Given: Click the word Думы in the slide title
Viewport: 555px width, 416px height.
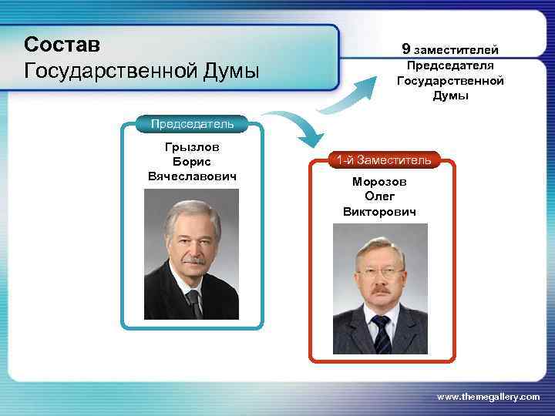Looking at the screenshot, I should pos(229,72).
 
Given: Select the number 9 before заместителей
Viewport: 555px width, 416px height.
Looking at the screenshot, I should pos(405,49).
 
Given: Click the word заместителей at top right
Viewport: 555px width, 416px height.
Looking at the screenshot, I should pos(460,50).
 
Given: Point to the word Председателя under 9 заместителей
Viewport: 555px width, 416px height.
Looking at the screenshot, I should pos(450,65).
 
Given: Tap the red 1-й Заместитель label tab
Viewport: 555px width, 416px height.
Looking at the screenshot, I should pos(383,160).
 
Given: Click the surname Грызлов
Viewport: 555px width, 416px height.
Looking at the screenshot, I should pos(191,146).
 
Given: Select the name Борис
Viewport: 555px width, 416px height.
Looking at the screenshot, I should pos(191,162).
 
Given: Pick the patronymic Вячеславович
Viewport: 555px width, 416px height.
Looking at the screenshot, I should pos(191,176).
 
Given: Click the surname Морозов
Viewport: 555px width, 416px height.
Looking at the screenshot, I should pos(379,182).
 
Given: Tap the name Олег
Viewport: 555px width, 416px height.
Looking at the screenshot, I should pos(379,196).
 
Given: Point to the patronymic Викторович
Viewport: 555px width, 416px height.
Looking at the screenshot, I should pos(379,211).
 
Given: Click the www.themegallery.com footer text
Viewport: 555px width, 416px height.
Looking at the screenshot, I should pos(488,396).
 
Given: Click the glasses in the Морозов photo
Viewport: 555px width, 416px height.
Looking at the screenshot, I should pos(380,272).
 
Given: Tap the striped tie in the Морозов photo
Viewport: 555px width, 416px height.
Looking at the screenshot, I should pos(381,332).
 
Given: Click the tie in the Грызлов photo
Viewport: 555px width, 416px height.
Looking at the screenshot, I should pos(194,303).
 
